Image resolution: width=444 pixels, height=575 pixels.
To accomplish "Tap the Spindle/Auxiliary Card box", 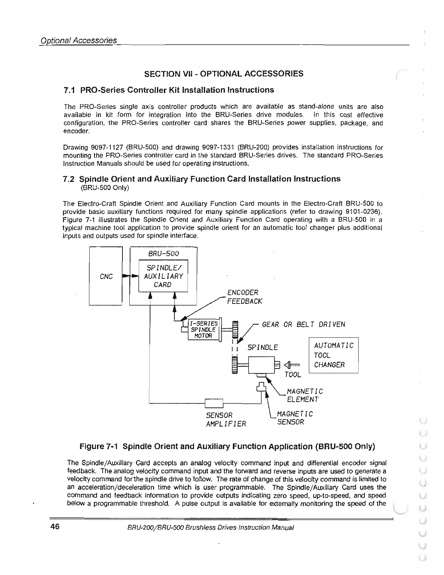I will click(163, 276).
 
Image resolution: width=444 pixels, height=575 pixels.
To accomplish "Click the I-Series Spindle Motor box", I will click(203, 329).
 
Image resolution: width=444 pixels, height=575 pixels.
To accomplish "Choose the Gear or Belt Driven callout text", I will click(303, 324).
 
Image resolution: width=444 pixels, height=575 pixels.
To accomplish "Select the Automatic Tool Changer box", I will click(333, 355).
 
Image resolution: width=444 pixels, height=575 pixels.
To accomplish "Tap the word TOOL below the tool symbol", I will click(293, 375).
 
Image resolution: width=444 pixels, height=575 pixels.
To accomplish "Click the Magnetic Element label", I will click(304, 395).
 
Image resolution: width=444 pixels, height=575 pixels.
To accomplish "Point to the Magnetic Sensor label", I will click(294, 418).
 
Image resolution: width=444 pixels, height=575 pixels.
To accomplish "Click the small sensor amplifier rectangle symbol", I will click(214, 403).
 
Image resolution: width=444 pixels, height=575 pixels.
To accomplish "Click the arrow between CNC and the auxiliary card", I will click(130, 276).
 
